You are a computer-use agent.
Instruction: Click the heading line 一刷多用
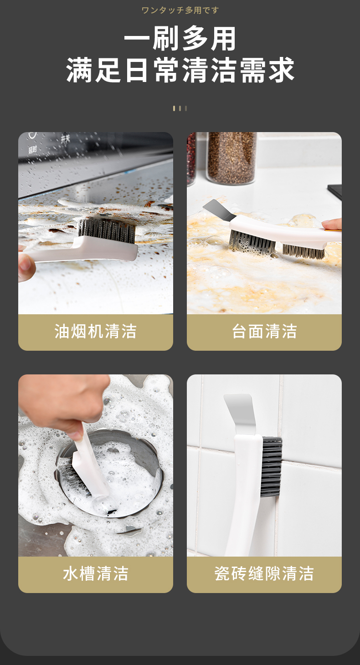click(180, 38)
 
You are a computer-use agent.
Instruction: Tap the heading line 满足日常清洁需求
click(180, 70)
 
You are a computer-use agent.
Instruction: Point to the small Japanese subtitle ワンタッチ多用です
click(180, 10)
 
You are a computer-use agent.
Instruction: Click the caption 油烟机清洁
click(95, 331)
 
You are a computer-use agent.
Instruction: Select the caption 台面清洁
click(264, 331)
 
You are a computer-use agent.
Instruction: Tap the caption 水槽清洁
click(95, 573)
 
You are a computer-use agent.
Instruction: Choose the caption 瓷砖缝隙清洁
click(264, 573)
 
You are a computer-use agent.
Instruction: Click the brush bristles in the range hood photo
click(107, 230)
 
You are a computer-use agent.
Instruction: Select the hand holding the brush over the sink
click(64, 401)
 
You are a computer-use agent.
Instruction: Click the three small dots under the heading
click(180, 108)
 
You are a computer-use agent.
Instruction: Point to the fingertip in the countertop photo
click(332, 224)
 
